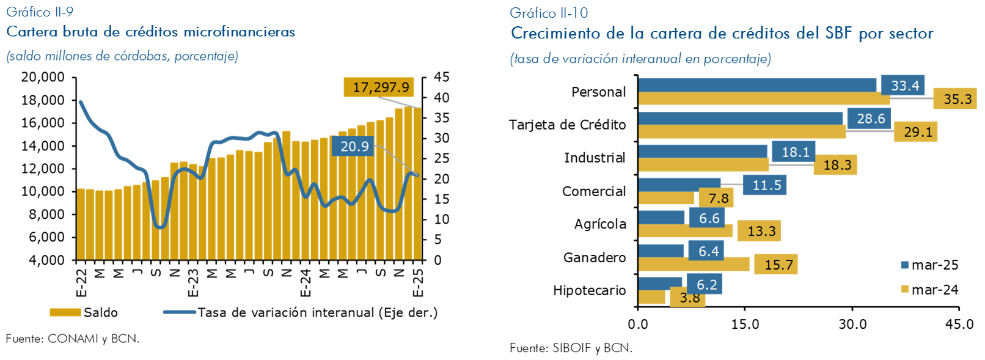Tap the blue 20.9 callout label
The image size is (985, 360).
[x=354, y=146]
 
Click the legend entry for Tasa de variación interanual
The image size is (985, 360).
[x=301, y=312]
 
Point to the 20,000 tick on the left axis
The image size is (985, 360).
[x=43, y=77]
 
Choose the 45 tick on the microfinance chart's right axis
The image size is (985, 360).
[x=441, y=77]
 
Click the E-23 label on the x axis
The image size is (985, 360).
[x=192, y=282]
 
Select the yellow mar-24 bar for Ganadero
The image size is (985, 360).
[x=694, y=264]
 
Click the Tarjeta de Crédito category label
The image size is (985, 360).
[x=567, y=125]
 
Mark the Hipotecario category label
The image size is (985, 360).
[x=589, y=290]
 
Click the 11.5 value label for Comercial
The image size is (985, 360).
[x=766, y=185]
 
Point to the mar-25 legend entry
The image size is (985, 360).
[x=929, y=265]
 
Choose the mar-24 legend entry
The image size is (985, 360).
[x=929, y=290]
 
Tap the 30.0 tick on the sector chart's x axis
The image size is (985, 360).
[x=852, y=324]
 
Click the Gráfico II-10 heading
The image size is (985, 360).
[x=549, y=13]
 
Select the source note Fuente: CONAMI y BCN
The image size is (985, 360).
[x=73, y=339]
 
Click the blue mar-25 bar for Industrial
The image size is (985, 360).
[x=702, y=151]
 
